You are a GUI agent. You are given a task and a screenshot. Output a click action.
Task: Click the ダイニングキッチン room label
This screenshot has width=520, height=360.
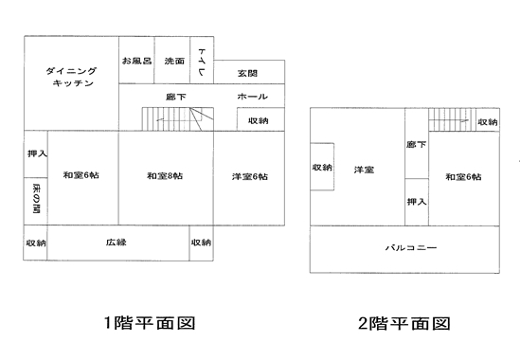71,77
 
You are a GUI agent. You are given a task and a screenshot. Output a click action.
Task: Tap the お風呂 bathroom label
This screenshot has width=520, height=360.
136,61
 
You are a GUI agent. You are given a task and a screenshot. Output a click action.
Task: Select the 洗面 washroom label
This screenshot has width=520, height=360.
174,61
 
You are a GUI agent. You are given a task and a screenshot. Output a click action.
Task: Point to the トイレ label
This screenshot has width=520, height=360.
202,62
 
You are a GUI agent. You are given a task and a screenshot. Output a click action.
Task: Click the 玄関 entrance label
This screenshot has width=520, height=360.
247,73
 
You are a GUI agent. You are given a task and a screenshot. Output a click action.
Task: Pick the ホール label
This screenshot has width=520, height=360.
252,97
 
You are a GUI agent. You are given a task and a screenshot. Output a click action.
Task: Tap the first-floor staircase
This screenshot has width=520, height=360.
178,118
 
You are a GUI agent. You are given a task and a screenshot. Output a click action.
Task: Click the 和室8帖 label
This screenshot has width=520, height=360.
165,175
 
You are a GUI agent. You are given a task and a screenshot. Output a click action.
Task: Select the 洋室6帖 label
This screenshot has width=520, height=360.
250,176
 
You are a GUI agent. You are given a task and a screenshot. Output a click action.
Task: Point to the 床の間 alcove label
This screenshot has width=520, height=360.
37,199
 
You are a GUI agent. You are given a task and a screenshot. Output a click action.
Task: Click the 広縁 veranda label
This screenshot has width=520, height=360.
117,243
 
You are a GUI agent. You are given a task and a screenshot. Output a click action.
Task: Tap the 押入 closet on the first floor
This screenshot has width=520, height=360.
38,153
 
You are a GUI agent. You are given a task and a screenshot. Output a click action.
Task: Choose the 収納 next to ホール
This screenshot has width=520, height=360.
259,120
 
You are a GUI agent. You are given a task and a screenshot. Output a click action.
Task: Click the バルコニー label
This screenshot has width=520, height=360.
411,247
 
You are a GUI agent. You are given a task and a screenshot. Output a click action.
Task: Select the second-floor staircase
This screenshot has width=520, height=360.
452,119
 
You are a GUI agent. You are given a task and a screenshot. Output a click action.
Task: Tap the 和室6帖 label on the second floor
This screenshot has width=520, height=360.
463,177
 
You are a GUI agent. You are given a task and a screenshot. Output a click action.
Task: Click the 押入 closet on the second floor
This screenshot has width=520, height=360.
417,202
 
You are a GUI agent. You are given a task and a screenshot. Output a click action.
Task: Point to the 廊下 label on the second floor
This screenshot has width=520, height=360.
416,144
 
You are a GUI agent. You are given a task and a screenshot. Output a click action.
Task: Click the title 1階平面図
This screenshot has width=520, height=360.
150,323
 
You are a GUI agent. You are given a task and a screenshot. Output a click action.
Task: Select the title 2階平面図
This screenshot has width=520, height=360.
403,323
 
